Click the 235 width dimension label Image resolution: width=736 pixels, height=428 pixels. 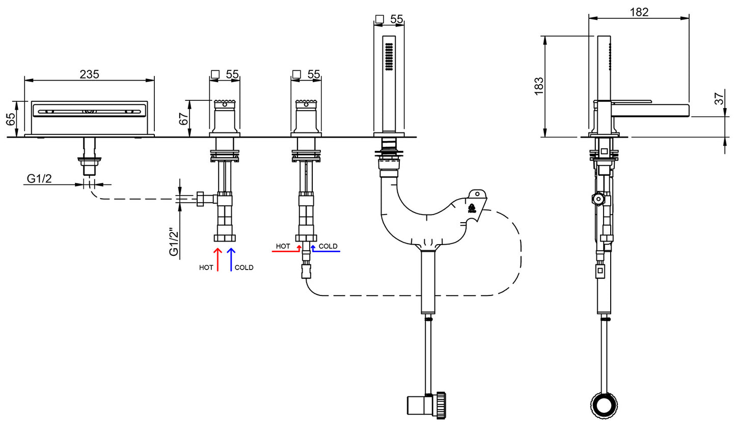pyautogui.click(x=89, y=74)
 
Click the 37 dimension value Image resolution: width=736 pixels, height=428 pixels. pyautogui.click(x=719, y=99)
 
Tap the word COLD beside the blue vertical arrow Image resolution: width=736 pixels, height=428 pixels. pyautogui.click(x=244, y=267)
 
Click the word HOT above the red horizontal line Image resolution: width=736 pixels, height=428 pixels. pyautogui.click(x=283, y=246)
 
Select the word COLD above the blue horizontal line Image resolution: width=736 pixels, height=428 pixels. pyautogui.click(x=328, y=246)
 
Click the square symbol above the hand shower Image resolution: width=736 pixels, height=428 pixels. pyautogui.click(x=379, y=19)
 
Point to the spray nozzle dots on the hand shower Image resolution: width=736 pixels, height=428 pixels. pyautogui.click(x=389, y=56)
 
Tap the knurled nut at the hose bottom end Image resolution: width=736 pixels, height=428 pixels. pyautogui.click(x=441, y=406)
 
